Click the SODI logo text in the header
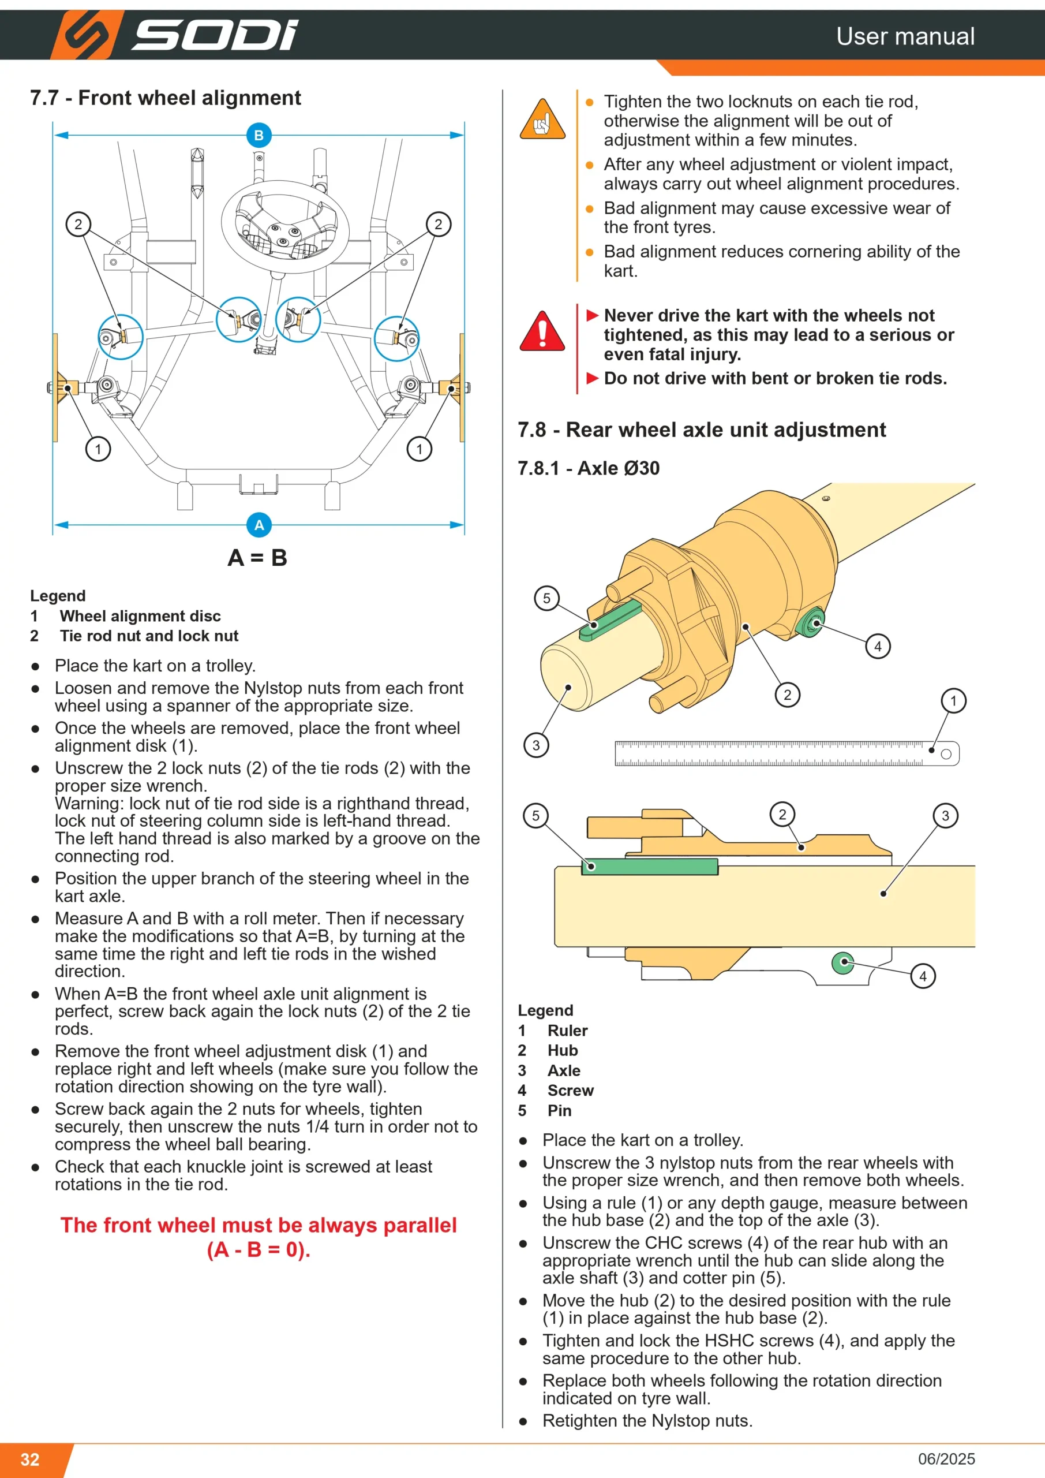point(215,35)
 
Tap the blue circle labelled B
point(259,135)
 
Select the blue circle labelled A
point(259,525)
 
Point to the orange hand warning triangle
point(542,120)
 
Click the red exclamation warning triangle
point(542,331)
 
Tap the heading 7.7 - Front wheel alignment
point(166,98)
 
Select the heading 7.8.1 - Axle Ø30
point(589,468)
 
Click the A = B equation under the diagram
point(257,558)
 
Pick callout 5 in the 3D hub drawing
point(546,598)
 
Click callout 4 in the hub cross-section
point(923,976)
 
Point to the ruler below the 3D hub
point(787,753)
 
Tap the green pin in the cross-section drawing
point(650,867)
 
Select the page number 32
point(30,1459)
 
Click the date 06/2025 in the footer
point(946,1459)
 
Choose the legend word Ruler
point(568,1031)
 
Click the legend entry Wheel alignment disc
point(140,616)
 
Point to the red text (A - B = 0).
point(259,1249)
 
